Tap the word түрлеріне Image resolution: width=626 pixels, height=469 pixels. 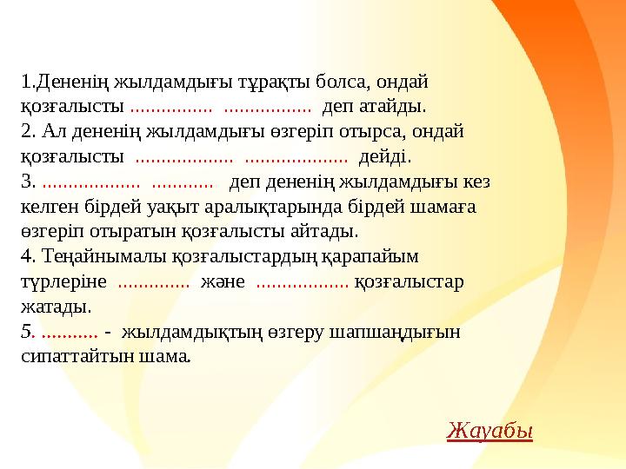(63, 282)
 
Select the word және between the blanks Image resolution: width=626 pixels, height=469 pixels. (223, 282)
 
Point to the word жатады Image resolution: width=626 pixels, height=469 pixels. (55, 307)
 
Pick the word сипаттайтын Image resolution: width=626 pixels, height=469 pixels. (73, 356)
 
